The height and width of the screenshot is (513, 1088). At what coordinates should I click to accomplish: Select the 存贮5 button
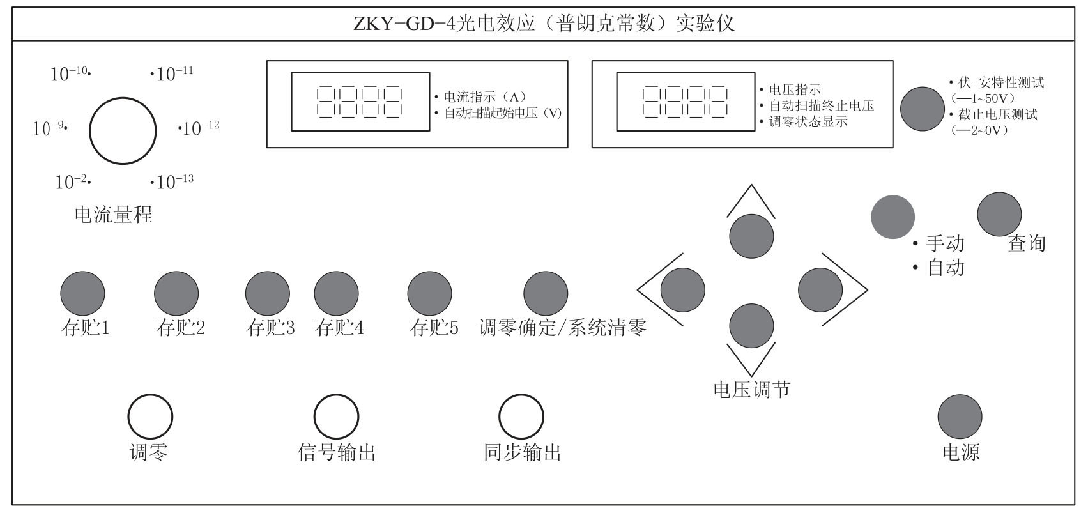(429, 293)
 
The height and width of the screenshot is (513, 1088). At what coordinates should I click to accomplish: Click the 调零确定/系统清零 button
(546, 293)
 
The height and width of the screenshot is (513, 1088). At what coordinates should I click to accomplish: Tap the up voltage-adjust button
(751, 236)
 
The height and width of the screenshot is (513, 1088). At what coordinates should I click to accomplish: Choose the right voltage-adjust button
(820, 290)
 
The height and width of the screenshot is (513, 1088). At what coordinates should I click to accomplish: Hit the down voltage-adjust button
(751, 326)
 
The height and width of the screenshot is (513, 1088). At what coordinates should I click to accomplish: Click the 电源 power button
(960, 417)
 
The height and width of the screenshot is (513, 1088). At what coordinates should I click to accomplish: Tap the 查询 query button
(999, 214)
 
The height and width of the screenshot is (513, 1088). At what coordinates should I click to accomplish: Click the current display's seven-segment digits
(360, 102)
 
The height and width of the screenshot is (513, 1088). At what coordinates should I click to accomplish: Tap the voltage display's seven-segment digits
(685, 102)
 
